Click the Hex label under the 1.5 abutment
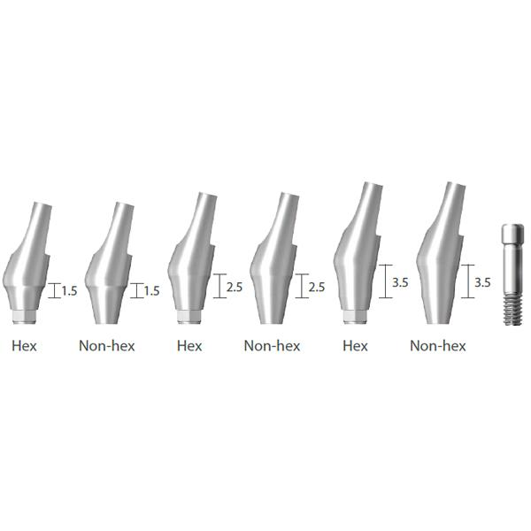[x=24, y=346]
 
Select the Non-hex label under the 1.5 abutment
[x=107, y=346]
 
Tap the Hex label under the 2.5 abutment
[x=189, y=346]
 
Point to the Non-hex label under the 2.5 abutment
[x=272, y=346]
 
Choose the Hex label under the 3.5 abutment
[x=355, y=346]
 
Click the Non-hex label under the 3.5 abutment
[x=438, y=346]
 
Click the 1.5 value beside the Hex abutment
[x=69, y=291]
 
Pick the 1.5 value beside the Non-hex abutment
[x=151, y=291]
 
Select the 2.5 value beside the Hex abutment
[x=235, y=287]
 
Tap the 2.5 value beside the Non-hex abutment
[x=317, y=287]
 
